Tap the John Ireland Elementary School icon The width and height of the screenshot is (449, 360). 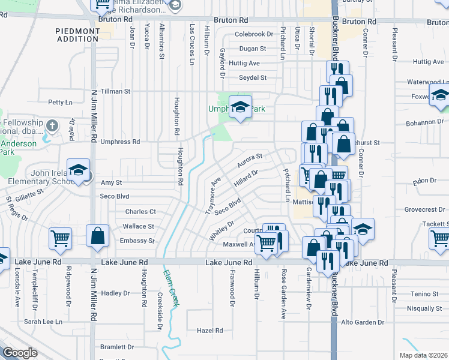(78, 170)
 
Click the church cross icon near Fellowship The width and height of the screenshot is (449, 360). (52, 126)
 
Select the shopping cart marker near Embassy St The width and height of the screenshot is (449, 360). (60, 239)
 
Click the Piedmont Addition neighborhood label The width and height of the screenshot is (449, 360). (77, 34)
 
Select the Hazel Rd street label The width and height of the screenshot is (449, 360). (209, 331)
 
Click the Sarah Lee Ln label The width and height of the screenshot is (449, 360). (43, 322)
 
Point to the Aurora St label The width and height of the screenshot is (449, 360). (250, 160)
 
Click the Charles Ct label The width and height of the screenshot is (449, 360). (140, 212)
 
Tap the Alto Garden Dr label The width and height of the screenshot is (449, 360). (363, 322)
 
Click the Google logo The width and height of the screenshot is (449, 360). (20, 353)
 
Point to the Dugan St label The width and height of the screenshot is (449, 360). (252, 49)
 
